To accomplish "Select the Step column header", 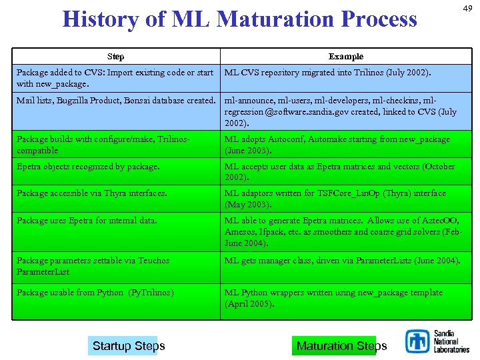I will click(115, 57).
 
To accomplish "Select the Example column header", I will click(346, 57).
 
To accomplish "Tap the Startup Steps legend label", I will click(128, 345).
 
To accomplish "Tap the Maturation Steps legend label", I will click(341, 345).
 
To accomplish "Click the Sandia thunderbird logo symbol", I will click(417, 342).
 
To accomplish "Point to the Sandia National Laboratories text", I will click(451, 341).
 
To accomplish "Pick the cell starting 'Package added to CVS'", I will click(115, 78).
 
